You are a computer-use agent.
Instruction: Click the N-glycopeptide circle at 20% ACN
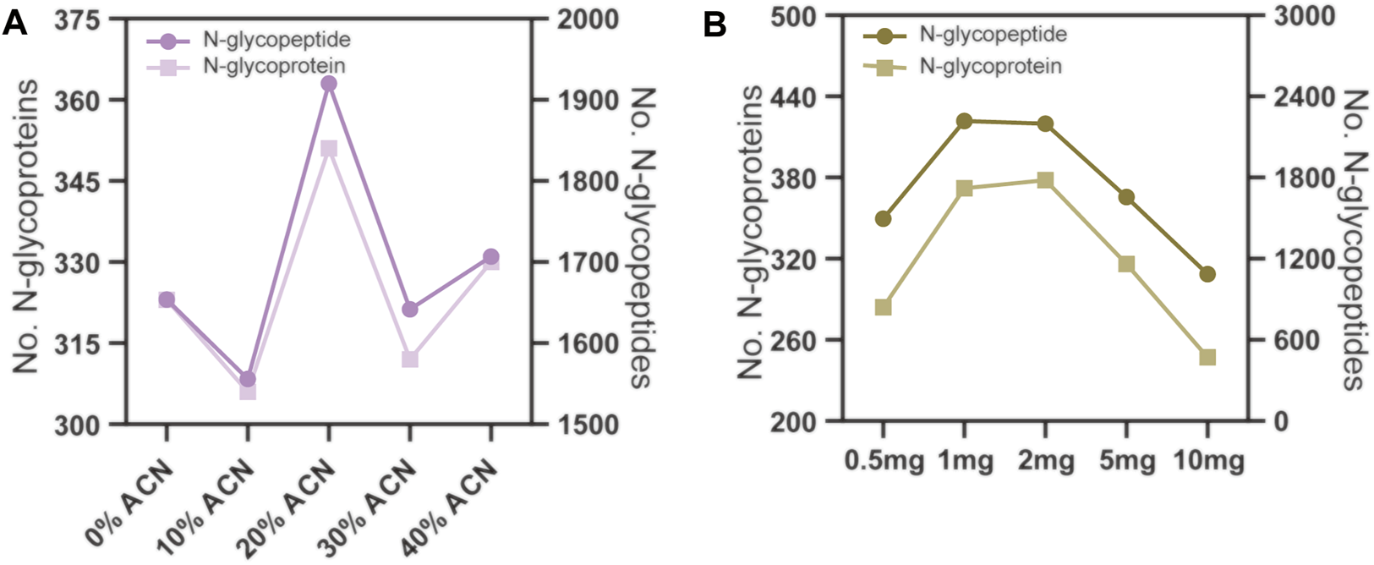[329, 84]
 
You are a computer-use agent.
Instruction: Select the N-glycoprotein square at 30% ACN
[410, 359]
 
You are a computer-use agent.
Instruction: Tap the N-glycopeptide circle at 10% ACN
[248, 379]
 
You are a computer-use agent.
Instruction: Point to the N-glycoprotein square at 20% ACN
[329, 149]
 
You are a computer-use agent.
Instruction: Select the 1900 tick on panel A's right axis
[581, 100]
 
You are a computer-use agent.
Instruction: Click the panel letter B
[714, 25]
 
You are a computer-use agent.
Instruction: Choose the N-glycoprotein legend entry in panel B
[990, 66]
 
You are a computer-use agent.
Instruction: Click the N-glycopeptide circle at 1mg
[965, 121]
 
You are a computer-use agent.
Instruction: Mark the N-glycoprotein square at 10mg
[1207, 357]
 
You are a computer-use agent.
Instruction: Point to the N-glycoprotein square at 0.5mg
[884, 307]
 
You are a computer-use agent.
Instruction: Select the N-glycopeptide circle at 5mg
[1126, 197]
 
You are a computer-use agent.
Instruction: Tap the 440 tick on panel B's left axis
[793, 96]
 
